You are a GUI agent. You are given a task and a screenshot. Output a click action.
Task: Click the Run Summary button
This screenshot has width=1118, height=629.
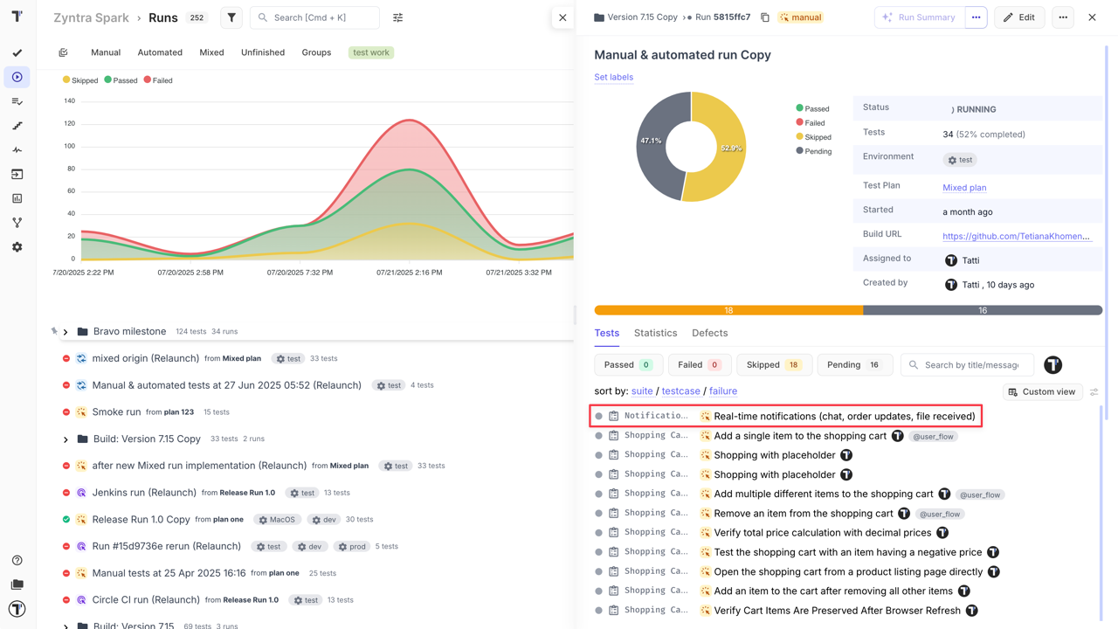pos(919,17)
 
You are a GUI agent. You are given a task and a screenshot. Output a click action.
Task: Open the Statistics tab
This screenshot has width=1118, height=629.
pos(655,333)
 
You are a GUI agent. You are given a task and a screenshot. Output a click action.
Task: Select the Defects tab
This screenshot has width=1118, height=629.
pos(709,333)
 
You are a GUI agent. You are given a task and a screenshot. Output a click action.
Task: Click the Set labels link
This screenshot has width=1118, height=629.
pos(613,77)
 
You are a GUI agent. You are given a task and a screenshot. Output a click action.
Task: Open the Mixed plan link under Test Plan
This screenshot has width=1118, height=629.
pos(964,188)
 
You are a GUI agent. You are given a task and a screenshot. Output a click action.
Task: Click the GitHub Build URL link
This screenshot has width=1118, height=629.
pos(1016,236)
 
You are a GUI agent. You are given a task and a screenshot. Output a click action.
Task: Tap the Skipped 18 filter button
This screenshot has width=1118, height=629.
pos(773,365)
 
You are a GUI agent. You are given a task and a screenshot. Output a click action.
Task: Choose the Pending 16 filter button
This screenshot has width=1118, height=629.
pos(853,365)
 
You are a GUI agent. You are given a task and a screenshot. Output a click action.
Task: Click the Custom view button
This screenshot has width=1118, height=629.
pos(1041,392)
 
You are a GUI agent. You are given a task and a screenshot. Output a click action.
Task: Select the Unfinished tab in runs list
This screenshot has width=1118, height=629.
pos(263,52)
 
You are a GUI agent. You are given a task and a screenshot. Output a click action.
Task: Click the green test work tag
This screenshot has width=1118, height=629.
pos(371,52)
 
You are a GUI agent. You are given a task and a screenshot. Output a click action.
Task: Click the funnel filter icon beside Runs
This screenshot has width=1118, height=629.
pos(231,17)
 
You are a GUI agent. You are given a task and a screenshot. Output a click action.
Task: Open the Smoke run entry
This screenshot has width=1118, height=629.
pos(116,411)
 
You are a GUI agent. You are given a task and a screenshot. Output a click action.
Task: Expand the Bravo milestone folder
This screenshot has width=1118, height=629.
pos(66,332)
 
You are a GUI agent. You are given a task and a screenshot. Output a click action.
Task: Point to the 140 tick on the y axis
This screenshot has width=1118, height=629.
pos(69,101)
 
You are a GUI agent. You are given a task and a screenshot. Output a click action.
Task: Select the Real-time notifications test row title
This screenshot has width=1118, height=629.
pos(844,417)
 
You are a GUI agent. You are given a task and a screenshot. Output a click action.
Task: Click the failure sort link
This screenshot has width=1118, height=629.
pos(722,391)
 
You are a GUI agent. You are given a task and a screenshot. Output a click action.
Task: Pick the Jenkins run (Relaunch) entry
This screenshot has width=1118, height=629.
pos(144,493)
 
